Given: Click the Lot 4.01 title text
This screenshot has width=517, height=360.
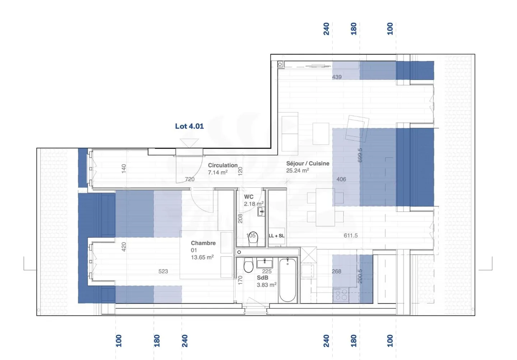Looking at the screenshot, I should coord(189,126).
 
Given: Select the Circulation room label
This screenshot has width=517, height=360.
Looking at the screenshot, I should coord(223,165).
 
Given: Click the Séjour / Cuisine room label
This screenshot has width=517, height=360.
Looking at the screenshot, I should coord(308,163).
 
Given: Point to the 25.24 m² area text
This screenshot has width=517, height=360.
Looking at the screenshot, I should coord(297,171).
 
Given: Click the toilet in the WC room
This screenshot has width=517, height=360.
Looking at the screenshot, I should coord(253,239).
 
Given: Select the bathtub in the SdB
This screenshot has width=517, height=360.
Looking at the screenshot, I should coord(288,280).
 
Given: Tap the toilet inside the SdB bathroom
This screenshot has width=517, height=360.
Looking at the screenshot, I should coord(248,266).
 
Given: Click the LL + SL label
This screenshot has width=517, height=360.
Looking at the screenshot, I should coord(276,236).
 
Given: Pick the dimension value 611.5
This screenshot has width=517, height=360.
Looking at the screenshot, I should coord(350,235).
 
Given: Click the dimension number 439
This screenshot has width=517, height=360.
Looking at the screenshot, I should coord(337,77).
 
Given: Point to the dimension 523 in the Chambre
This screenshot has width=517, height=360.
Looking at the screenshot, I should coord(163,271).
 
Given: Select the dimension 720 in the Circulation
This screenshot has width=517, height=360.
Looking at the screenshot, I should coord(190,179).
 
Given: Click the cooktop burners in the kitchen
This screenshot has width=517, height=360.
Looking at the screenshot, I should coord(340,295).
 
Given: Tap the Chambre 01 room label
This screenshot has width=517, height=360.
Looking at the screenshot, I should coord(203,246).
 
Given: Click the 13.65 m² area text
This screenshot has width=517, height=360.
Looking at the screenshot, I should coord(202,257).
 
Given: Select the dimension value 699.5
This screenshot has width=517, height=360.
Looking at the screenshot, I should coord(360,155).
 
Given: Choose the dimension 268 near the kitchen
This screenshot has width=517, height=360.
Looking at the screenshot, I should coord(336,271).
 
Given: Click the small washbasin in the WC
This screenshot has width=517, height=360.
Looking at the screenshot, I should coord(261,212).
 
